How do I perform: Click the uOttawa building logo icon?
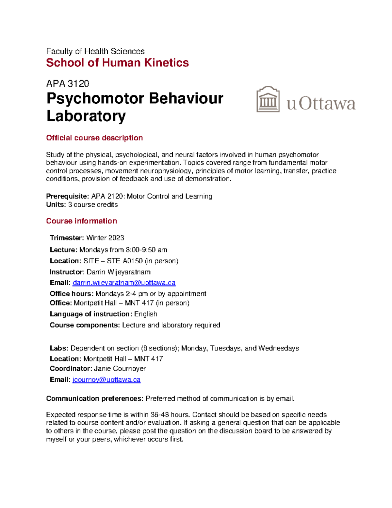(268, 99)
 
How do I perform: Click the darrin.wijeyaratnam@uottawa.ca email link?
(124, 283)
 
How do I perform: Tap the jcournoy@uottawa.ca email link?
(106, 379)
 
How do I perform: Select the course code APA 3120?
(68, 84)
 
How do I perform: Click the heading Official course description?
(94, 138)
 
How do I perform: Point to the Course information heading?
(81, 221)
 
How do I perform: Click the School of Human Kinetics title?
(117, 62)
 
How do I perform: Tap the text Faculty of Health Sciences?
(95, 51)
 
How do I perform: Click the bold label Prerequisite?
(67, 196)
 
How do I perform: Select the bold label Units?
(56, 204)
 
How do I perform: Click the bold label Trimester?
(67, 238)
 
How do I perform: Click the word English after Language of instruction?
(146, 314)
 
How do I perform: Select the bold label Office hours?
(72, 293)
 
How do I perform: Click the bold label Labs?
(59, 348)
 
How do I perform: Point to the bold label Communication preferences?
(94, 398)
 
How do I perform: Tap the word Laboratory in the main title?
(86, 116)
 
